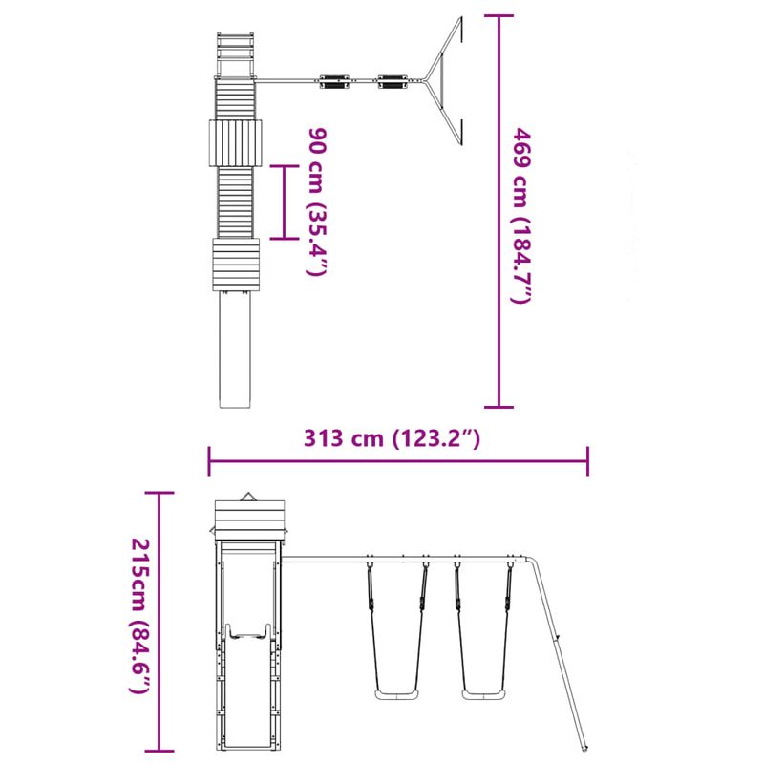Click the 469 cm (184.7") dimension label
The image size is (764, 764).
[x=520, y=214]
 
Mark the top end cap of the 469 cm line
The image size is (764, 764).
[x=499, y=16]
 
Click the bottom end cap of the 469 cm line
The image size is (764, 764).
[x=499, y=406]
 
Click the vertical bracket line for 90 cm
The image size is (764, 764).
[x=284, y=201]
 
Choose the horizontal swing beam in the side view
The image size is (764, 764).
[x=401, y=559]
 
